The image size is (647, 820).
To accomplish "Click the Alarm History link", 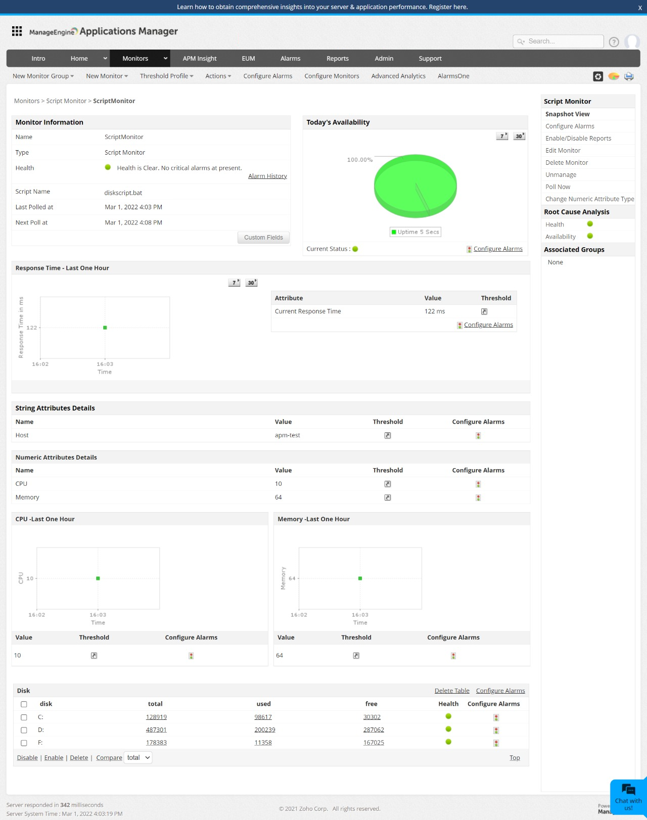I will click(267, 176).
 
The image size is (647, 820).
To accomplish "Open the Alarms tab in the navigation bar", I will click(290, 59).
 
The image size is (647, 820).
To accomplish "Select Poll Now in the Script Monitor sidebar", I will click(558, 187).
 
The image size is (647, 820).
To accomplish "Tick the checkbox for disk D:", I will click(24, 730).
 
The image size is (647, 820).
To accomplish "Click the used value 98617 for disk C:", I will click(263, 717).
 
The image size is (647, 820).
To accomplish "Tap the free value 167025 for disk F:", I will click(374, 743).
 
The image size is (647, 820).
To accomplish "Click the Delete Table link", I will click(452, 691).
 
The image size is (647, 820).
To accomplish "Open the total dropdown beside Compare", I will click(138, 758).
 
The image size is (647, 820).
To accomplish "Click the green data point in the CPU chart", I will click(98, 578).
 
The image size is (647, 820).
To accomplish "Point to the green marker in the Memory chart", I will click(360, 578).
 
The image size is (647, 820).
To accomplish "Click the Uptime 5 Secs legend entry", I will click(415, 232).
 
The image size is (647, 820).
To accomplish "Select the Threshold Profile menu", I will click(166, 76).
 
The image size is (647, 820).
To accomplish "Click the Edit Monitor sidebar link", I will click(563, 151).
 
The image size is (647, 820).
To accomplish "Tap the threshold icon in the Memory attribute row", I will click(388, 497).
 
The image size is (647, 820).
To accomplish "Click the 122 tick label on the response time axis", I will click(32, 328).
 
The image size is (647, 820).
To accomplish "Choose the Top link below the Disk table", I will click(515, 758).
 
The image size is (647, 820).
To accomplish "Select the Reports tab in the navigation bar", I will click(337, 59).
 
